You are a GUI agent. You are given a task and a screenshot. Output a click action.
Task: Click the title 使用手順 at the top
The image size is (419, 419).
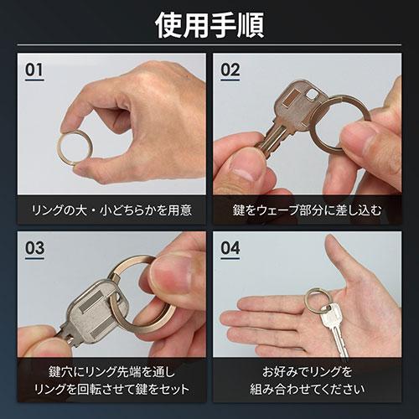pyautogui.click(x=209, y=25)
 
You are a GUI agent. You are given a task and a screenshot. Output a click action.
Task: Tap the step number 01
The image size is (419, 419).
pyautogui.click(x=34, y=70)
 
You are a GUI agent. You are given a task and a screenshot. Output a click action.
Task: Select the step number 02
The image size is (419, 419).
pyautogui.click(x=230, y=70)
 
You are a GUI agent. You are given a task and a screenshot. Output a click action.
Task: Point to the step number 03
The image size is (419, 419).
pyautogui.click(x=34, y=248)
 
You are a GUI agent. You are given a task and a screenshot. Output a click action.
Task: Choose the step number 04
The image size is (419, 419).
pyautogui.click(x=230, y=248)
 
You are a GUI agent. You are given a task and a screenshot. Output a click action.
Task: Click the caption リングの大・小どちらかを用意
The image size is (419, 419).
pyautogui.click(x=111, y=210)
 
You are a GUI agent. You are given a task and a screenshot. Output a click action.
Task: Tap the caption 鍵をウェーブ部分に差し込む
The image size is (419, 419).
pyautogui.click(x=308, y=210)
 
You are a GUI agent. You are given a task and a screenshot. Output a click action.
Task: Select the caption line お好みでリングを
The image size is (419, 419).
pyautogui.click(x=308, y=372)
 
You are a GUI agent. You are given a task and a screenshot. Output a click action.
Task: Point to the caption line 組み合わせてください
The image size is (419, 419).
pyautogui.click(x=308, y=389)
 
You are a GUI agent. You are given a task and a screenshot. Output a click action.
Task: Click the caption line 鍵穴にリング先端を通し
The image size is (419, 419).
pyautogui.click(x=111, y=372)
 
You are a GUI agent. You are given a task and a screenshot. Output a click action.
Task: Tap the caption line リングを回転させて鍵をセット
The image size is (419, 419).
pyautogui.click(x=111, y=389)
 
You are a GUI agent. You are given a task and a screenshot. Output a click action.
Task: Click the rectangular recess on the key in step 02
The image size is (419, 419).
pyautogui.click(x=291, y=99)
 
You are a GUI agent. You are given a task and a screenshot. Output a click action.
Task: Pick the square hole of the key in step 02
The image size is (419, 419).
pyautogui.click(x=312, y=96)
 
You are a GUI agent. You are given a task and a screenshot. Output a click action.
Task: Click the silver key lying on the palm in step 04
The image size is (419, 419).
pyautogui.click(x=334, y=328)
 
